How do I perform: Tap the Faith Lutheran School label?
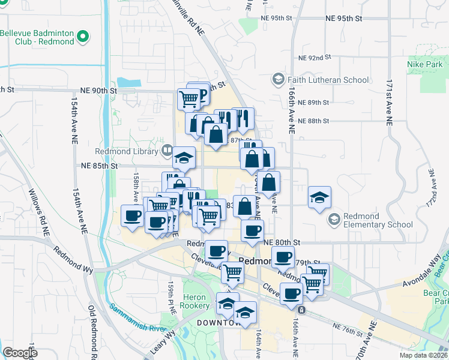coord(328,79)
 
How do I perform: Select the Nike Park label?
coord(424,64)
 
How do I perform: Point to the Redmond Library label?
coord(127,151)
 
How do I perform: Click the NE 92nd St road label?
coord(315,58)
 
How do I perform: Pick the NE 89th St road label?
coord(314,103)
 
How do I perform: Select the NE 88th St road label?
coord(314,121)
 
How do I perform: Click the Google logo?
coord(20,353)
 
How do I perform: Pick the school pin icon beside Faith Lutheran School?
coord(279,79)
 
